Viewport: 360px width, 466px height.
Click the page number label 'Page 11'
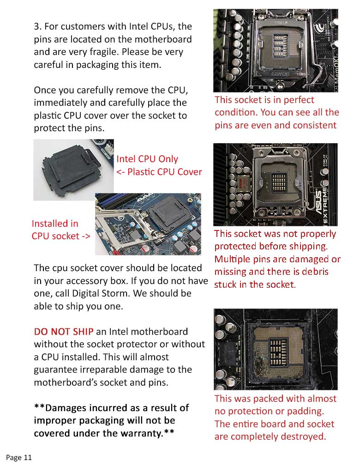(x=19, y=458)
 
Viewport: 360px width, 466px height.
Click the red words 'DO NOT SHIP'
(x=64, y=332)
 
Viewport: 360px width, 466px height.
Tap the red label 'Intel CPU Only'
(x=147, y=159)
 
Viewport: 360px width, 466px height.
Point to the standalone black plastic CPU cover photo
(x=73, y=169)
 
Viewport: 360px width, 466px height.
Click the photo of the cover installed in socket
(x=148, y=224)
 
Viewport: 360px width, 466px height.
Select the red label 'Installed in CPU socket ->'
(x=60, y=230)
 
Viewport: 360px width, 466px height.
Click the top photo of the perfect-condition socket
(x=276, y=50)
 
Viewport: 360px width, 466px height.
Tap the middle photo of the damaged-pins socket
(x=276, y=184)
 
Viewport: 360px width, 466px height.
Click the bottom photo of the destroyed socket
(x=276, y=350)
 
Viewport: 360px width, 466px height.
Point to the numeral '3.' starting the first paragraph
(x=38, y=26)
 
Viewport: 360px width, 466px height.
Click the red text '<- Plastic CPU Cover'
(x=159, y=172)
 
